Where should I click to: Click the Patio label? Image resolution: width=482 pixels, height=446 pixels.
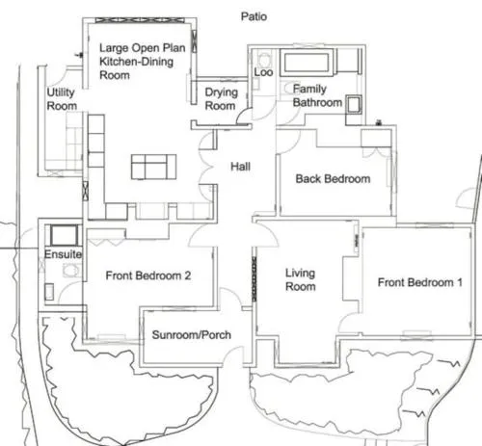point(254,16)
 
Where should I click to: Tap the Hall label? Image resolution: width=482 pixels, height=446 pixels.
point(240,167)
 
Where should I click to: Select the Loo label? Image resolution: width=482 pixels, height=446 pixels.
point(263,72)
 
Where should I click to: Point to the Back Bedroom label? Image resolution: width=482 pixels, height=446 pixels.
point(333,179)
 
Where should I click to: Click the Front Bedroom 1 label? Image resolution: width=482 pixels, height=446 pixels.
point(420,282)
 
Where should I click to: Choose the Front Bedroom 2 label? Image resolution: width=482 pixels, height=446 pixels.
point(148,275)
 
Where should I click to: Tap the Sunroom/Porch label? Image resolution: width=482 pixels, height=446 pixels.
point(192,335)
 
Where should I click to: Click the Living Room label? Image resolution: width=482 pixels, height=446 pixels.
point(301,279)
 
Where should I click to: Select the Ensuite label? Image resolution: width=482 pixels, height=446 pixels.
point(64,254)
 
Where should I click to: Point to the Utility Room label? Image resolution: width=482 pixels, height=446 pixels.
point(62,99)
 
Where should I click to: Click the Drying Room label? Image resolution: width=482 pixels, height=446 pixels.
point(222,99)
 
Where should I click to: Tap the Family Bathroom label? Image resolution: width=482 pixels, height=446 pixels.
point(317,95)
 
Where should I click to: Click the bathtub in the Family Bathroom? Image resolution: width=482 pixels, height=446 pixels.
point(308,62)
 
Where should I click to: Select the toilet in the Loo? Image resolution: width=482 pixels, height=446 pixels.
point(264,60)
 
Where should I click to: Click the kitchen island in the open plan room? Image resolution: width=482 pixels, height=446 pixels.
point(153,167)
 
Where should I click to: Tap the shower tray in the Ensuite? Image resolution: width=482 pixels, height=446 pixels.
point(64,235)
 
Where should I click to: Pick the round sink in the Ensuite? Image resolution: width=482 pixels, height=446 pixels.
point(71,271)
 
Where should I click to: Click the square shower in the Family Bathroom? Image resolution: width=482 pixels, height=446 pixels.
point(354,105)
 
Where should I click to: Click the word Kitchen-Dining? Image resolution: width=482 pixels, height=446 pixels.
point(136,62)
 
